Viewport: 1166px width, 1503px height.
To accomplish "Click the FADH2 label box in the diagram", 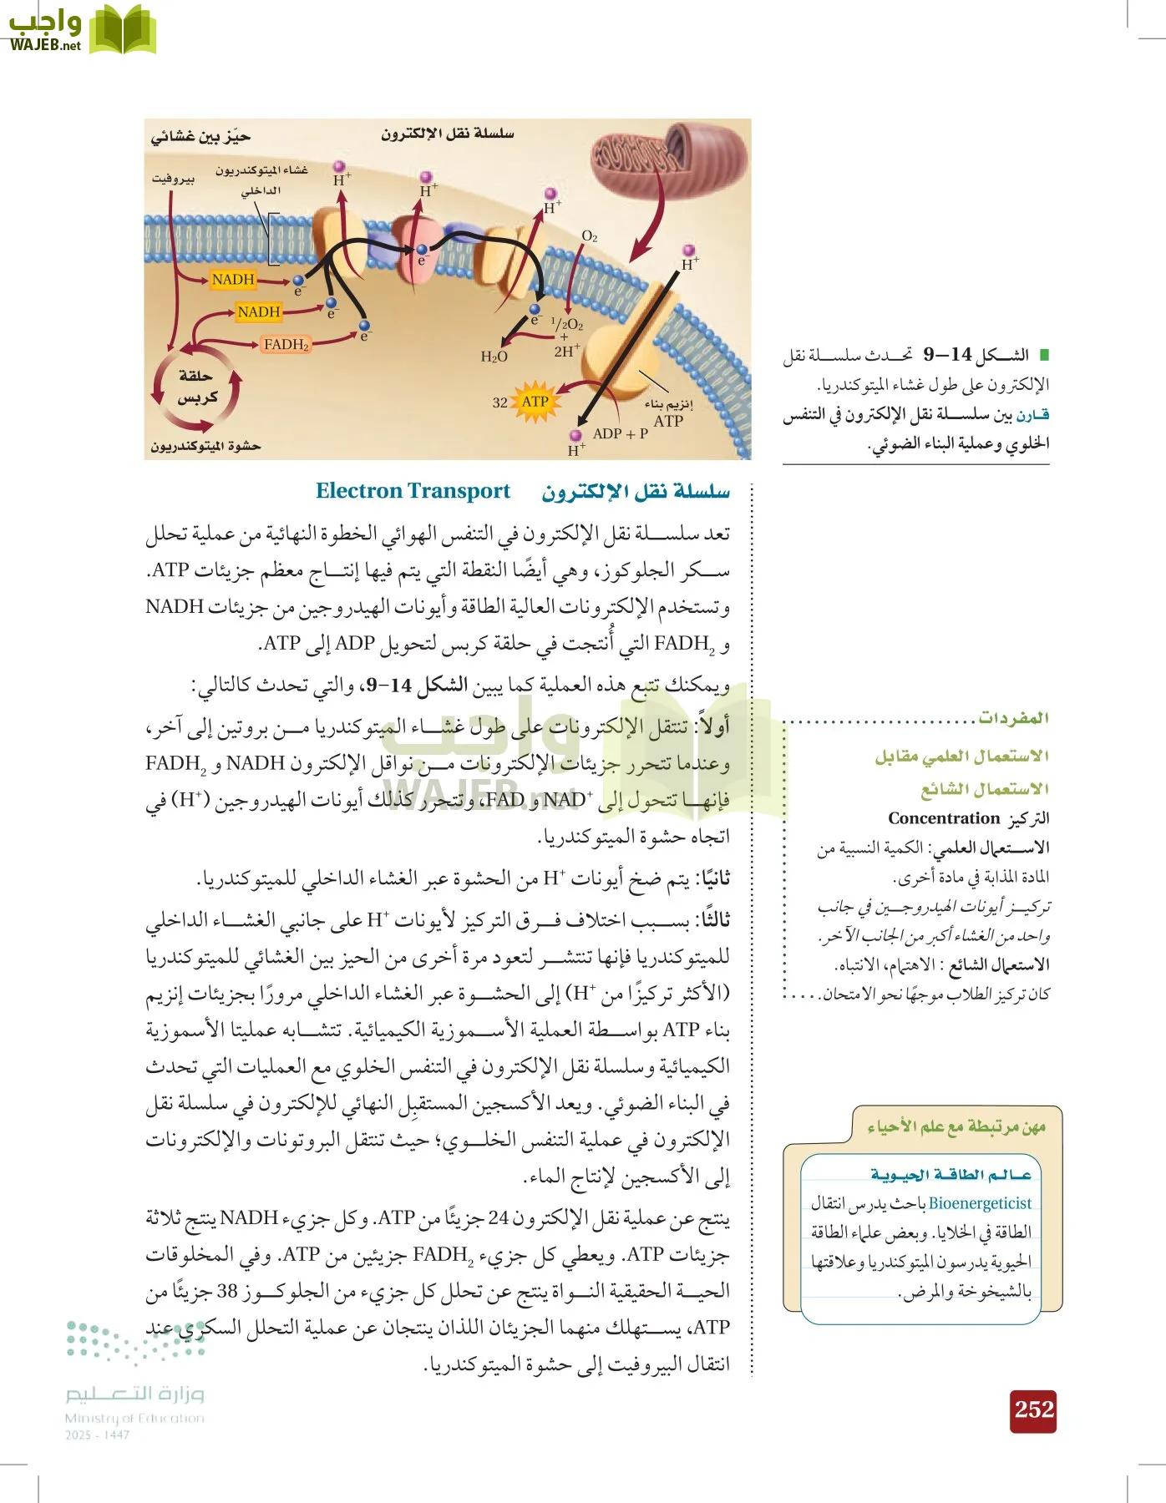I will coord(286,344).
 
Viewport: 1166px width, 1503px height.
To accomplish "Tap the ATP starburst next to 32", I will coord(535,402).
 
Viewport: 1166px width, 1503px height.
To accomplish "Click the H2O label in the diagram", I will coord(494,357).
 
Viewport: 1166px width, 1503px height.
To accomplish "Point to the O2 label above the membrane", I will coord(590,236).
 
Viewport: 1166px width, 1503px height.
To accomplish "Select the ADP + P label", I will coord(620,433).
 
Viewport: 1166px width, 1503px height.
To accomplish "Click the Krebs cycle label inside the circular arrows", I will coord(196,387).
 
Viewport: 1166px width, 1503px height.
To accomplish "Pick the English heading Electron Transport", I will coord(413,491).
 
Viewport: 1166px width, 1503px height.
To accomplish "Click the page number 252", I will coord(1034,1410).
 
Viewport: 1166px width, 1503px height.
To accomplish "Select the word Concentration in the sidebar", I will coord(943,818).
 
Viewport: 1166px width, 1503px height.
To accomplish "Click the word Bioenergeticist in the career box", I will coord(980,1203).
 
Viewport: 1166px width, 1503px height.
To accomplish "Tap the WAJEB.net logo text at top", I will coord(45,45).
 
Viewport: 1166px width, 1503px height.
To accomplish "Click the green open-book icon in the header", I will coord(123,29).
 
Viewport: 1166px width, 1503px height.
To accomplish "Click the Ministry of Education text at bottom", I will coord(134,1418).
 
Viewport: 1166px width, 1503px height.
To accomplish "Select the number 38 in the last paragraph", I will coord(227,1291).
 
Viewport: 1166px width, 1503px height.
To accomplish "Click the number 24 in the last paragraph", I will coord(498,1217).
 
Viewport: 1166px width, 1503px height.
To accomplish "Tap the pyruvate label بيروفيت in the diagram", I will coord(173,179).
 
